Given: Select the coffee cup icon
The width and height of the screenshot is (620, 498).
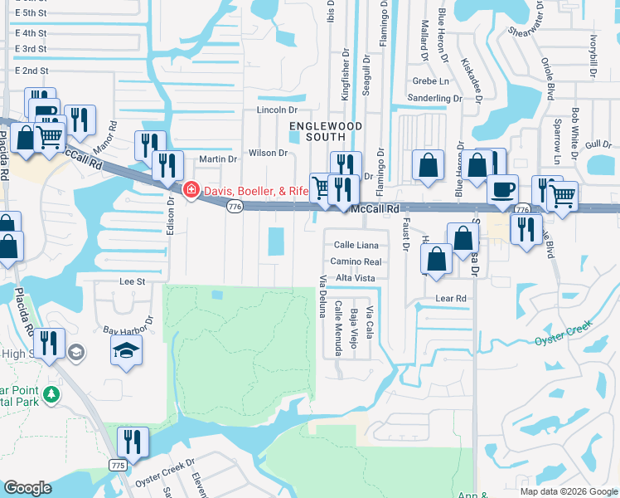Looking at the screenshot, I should coord(501,188).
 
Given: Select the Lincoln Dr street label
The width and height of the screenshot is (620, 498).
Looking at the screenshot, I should coord(277,110).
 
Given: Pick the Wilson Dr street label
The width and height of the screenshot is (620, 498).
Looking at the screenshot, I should coord(267,153).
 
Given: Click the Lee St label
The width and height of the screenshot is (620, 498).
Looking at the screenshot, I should coord(133,281).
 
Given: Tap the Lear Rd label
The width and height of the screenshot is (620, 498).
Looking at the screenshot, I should coord(451,297).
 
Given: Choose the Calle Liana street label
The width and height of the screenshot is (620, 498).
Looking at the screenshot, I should coord(356,245).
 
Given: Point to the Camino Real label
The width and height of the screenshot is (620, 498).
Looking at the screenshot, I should coord(355,261).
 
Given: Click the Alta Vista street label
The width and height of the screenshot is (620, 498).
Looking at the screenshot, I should coord(356,277).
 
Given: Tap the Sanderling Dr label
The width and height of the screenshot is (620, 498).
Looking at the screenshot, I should coord(434,98).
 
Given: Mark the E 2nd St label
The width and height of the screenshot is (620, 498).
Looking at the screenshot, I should coord(32,71).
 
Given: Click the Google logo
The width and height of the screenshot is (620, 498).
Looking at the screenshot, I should coord(27,488).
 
